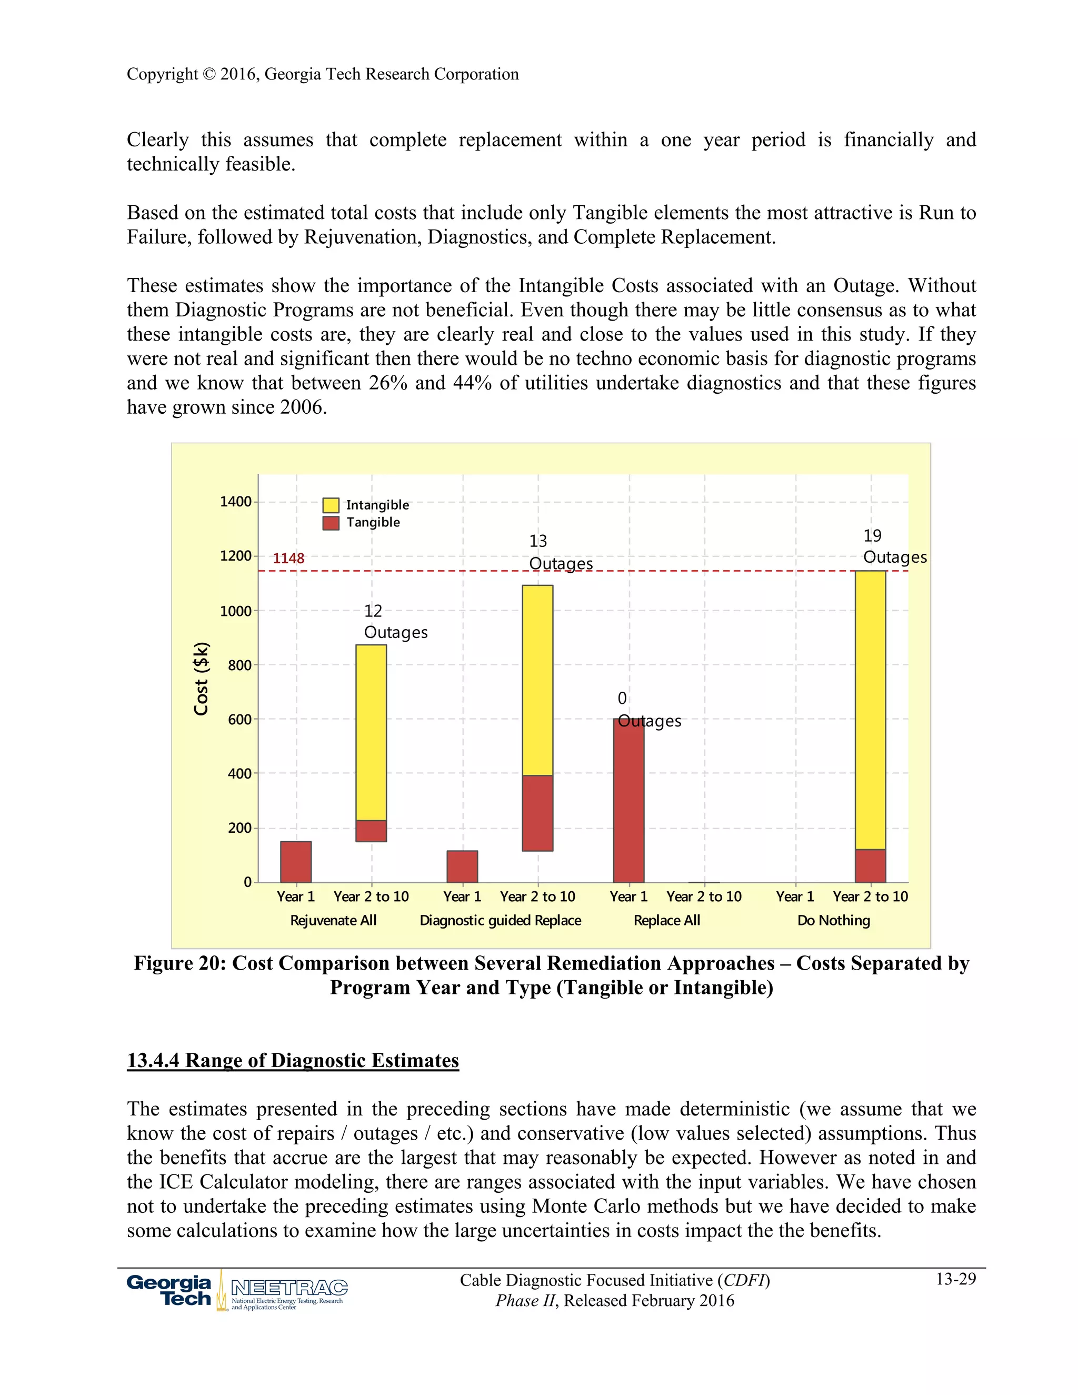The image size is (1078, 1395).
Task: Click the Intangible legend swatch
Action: (x=330, y=505)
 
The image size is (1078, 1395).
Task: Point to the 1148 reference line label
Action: (x=288, y=558)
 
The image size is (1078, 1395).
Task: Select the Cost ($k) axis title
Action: (x=201, y=679)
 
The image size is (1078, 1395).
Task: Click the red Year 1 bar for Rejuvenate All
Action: (x=296, y=862)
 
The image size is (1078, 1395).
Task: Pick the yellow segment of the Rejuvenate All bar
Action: (x=371, y=732)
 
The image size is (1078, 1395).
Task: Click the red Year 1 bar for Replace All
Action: (x=628, y=800)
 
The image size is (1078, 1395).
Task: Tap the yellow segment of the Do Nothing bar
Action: (x=871, y=710)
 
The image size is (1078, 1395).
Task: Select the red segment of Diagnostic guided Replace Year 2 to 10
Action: (x=538, y=813)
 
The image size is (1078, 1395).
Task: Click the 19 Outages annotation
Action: (x=894, y=547)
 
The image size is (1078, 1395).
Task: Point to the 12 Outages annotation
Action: (x=395, y=622)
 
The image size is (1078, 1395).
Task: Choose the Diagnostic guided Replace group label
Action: (x=500, y=920)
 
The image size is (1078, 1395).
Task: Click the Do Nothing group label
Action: (x=833, y=920)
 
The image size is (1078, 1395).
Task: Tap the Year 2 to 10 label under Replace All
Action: (x=704, y=897)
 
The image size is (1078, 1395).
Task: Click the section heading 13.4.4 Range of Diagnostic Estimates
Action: (x=293, y=1061)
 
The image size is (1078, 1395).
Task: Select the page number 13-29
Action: (x=955, y=1279)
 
